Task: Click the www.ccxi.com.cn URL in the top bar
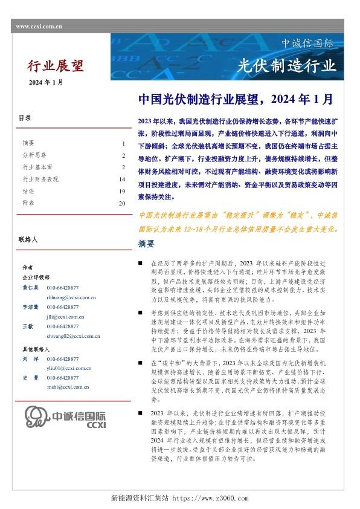(x=39, y=27)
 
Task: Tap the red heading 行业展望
(x=56, y=66)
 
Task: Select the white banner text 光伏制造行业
(x=286, y=65)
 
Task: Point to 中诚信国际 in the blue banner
(x=307, y=44)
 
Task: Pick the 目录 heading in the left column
(x=25, y=118)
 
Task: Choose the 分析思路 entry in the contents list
(x=34, y=155)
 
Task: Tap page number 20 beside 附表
(x=121, y=203)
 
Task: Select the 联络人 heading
(x=28, y=240)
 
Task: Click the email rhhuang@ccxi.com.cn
(x=71, y=297)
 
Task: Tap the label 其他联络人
(x=34, y=349)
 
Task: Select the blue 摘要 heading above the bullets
(x=146, y=244)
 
